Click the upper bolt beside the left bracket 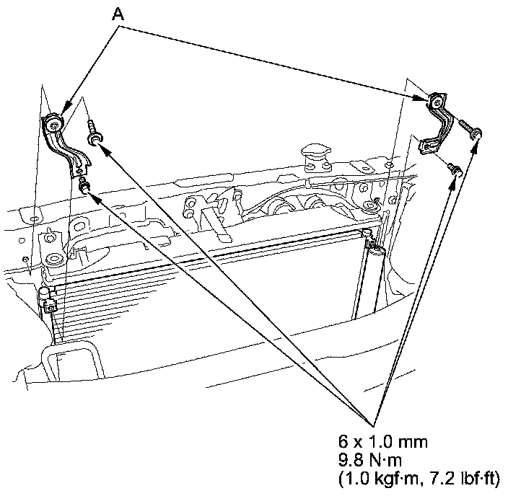pyautogui.click(x=92, y=132)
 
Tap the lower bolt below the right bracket pyautogui.click(x=454, y=169)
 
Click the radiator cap pyautogui.click(x=312, y=152)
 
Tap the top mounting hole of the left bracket pyautogui.click(x=54, y=124)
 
